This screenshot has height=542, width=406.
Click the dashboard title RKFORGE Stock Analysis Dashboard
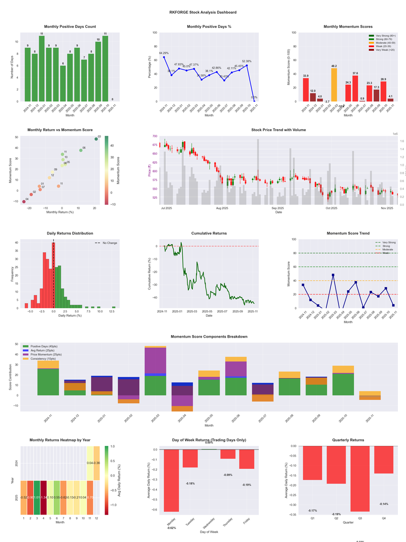[203, 12]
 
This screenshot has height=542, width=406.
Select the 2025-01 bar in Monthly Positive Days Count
[42, 69]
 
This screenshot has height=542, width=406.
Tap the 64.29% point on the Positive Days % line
[164, 57]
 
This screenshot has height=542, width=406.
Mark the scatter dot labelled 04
[24, 202]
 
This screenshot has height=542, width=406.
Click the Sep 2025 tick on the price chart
[278, 208]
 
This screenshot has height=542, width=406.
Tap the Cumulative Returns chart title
[209, 233]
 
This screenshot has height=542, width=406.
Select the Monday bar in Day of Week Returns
[171, 480]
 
